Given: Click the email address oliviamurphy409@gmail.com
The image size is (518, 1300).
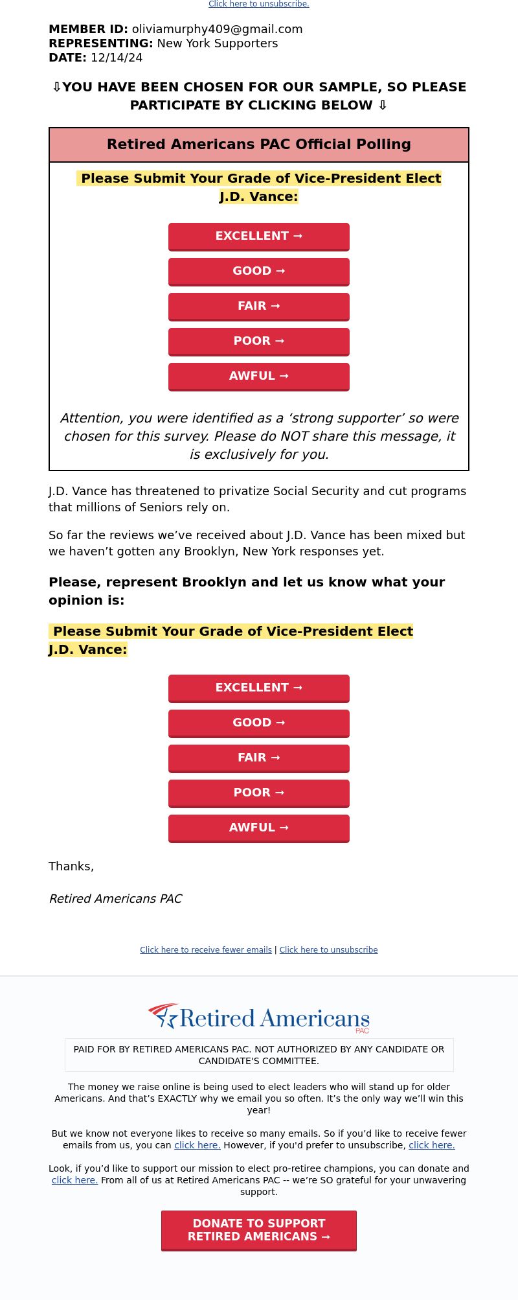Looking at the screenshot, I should [x=217, y=29].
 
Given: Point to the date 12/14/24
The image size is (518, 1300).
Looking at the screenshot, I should [x=117, y=58].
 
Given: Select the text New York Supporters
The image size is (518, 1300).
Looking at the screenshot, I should [x=217, y=43].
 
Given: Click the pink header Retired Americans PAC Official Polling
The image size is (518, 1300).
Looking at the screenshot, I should [x=259, y=145].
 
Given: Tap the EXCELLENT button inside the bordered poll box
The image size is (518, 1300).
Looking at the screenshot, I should [x=259, y=237].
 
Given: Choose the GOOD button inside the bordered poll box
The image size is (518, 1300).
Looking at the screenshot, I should [x=259, y=272].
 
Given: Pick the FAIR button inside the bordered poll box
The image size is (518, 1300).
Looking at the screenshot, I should [x=259, y=307].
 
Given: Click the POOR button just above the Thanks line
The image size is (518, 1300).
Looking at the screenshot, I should [x=259, y=793].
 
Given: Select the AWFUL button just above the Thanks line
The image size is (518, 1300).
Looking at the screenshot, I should [x=259, y=828].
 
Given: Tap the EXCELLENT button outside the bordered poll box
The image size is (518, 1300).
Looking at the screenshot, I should [x=259, y=688].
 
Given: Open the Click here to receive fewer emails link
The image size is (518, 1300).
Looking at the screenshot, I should [x=206, y=950].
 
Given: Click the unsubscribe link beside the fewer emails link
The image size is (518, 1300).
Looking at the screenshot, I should [x=328, y=950].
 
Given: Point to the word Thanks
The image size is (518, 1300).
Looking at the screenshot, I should [x=71, y=867].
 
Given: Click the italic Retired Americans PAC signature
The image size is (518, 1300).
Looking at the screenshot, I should [x=115, y=900].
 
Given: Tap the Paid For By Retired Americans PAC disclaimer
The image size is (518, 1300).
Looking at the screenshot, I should [x=259, y=1055].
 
